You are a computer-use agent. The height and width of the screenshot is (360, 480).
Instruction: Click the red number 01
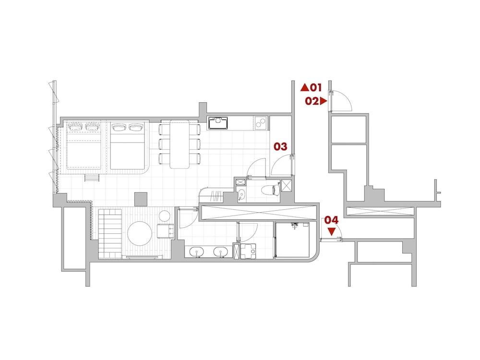316,87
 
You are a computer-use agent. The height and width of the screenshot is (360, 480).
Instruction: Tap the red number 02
312,101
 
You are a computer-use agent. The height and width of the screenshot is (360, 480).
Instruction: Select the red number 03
280,146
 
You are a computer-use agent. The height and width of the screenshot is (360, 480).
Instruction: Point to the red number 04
332,220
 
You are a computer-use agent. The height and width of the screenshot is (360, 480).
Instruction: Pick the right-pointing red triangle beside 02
324,101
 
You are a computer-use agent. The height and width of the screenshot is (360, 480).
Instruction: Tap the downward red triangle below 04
332,231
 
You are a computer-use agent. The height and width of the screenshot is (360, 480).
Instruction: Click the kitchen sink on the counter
218,123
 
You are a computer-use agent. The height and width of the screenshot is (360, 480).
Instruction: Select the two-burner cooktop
261,123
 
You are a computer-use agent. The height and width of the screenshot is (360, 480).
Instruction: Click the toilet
271,190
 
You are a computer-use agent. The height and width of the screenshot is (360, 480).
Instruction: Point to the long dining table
180,144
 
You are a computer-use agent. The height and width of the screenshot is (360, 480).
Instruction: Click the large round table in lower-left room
140,233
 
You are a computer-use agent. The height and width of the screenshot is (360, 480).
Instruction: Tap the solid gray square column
141,199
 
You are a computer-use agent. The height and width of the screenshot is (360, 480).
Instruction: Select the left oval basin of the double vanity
196,252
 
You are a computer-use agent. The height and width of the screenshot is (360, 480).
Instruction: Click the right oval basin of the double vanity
220,252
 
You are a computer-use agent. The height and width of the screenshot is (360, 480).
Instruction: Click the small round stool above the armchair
165,216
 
